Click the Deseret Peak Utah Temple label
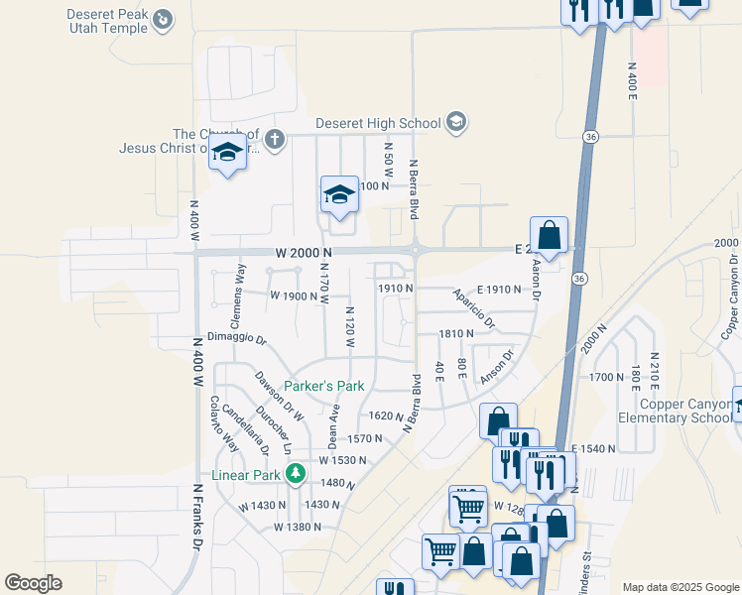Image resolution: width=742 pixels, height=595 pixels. point(107,21)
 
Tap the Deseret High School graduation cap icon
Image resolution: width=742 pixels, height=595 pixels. point(456,123)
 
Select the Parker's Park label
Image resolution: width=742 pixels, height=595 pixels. point(324,386)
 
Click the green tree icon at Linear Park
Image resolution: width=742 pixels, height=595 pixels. point(295,475)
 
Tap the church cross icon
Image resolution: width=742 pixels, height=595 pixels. point(275,141)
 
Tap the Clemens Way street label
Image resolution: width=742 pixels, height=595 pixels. point(237,295)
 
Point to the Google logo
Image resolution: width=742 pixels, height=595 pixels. point(33,583)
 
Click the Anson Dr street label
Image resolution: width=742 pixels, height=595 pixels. point(497,368)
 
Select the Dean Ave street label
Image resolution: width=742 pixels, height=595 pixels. point(333,425)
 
